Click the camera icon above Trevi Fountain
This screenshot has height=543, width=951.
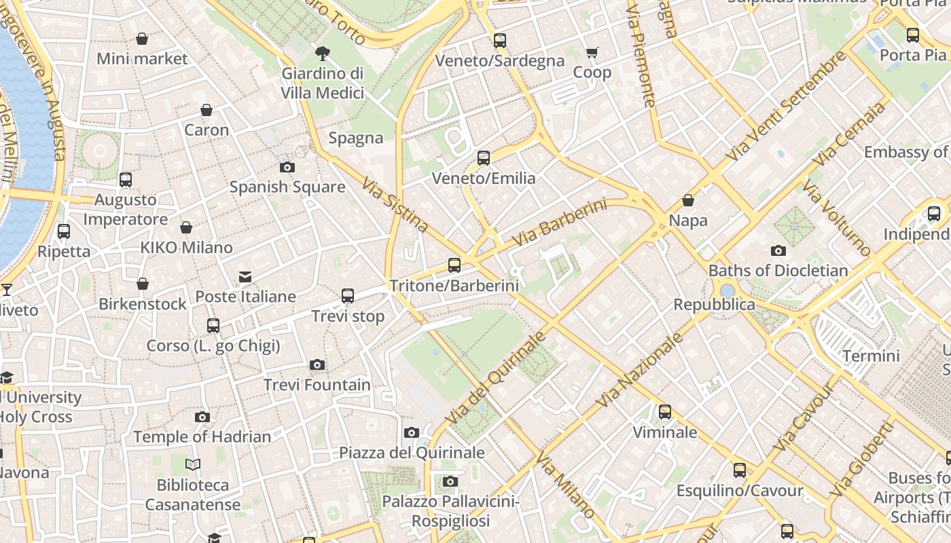coord(317,365)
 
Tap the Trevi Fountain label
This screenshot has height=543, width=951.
coord(317,385)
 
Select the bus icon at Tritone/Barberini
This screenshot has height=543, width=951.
coord(454,265)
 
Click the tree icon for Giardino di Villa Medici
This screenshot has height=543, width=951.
coord(323,53)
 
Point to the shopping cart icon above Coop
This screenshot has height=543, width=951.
coord(592,52)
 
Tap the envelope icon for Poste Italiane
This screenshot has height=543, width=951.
coord(245,277)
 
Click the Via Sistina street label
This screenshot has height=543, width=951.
coord(395,205)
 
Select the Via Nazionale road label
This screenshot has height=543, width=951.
coord(640,370)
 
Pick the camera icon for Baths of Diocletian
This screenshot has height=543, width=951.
coord(778,250)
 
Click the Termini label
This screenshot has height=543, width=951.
coord(871,356)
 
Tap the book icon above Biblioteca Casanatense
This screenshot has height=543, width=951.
coord(193,465)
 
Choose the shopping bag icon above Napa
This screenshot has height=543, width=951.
coord(688,200)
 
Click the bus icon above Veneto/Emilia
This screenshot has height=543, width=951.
coord(484,158)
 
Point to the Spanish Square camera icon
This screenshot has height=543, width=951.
coord(287,167)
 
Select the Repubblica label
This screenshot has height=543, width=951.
coord(714,304)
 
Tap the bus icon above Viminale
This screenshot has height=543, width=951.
coord(664,412)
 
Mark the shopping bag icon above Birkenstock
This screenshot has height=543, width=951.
coord(143,284)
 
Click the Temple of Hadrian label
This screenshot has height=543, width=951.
coord(202,436)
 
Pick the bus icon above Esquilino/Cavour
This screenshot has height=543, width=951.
coord(739,470)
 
